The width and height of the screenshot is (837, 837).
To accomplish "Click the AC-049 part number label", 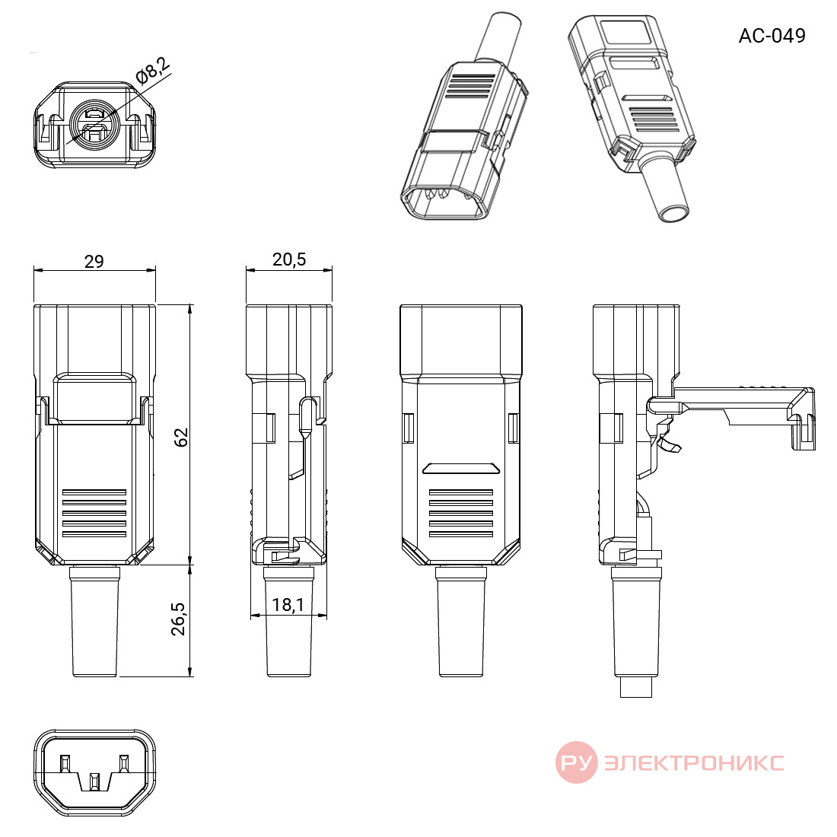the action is (x=772, y=36).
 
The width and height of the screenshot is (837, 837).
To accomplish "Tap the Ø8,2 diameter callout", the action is (x=153, y=71).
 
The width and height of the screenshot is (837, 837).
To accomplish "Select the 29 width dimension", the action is (x=94, y=261).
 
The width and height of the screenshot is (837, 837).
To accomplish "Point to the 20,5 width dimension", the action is (x=289, y=259).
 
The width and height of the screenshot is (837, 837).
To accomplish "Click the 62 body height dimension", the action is (x=181, y=438).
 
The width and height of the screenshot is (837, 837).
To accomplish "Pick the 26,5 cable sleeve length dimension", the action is (x=178, y=619).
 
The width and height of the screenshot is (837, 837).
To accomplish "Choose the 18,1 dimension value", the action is (x=288, y=605).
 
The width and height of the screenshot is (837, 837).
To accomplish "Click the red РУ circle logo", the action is (x=577, y=762).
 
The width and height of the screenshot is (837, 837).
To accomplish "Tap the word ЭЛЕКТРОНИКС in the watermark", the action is (x=694, y=762).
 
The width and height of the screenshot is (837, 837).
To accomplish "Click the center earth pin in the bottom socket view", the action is (x=94, y=782).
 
